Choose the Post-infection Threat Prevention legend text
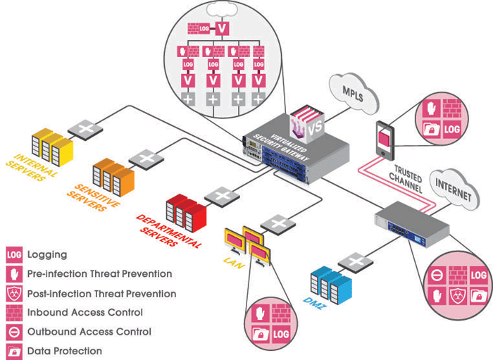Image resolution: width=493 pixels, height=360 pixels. point(101,294)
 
